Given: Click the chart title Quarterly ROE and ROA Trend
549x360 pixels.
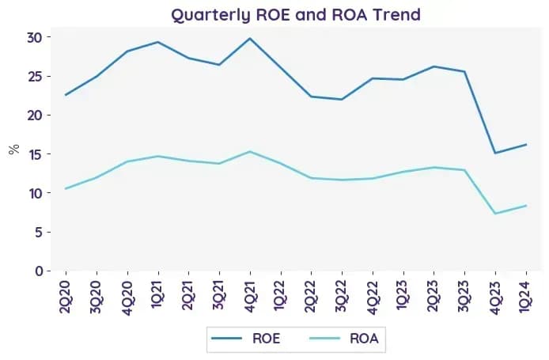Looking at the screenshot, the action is coord(296,15).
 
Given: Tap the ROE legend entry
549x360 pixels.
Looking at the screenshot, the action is coord(246,339).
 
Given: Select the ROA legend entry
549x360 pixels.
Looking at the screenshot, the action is coord(344,339).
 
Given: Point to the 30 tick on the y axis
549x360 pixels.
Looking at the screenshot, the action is coord(34,37).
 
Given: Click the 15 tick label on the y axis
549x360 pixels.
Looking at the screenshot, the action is coord(34,154).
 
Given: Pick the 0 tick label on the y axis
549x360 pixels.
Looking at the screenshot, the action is coord(39,271).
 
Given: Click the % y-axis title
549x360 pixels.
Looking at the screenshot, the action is coord(14,150).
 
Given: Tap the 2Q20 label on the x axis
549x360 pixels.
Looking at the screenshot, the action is coord(66,296).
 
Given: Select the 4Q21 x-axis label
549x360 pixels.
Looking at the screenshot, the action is coord(250,296).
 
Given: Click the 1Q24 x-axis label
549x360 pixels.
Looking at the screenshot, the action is coord(526,296).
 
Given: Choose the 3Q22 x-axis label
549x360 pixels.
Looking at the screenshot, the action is coord(342,296).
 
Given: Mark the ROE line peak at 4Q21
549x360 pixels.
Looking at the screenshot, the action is coord(250,38).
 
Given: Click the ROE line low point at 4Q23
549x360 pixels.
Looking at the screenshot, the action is coord(495,153).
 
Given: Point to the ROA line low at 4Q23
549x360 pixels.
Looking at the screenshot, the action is coord(495,214).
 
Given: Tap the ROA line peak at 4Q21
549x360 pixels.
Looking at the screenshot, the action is coord(250,152).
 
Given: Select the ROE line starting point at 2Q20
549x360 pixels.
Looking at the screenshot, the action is coord(66,95).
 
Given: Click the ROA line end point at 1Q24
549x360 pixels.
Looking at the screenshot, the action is coord(526,206).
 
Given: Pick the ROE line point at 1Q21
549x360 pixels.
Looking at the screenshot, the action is coord(158,42).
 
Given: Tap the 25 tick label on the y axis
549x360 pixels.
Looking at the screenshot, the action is coord(34,76).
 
